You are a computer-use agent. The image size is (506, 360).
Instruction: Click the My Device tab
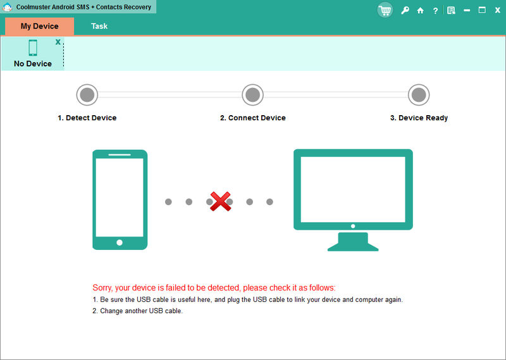(x=39, y=26)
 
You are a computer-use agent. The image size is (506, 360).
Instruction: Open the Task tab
(x=99, y=26)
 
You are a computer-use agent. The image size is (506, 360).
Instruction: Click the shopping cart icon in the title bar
(x=385, y=10)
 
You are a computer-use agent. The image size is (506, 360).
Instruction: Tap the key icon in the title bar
(x=404, y=10)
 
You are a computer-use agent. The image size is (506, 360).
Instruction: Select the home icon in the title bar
(x=420, y=10)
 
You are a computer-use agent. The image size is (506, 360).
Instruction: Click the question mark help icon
(x=435, y=10)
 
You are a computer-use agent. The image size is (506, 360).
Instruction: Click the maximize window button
(x=482, y=10)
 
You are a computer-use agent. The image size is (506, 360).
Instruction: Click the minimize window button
(x=467, y=10)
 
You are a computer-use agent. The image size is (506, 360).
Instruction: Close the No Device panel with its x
(x=58, y=42)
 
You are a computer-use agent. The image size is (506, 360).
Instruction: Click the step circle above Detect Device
(x=87, y=95)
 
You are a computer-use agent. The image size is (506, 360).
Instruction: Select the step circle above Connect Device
(x=252, y=95)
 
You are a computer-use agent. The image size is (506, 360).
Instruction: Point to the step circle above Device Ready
(x=418, y=95)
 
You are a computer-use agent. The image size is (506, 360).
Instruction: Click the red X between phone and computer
(x=219, y=202)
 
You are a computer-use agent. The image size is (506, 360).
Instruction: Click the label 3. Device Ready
(x=419, y=118)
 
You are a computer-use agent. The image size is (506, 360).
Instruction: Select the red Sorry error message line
(x=214, y=287)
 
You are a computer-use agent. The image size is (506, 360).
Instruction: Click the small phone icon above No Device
(x=33, y=48)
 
